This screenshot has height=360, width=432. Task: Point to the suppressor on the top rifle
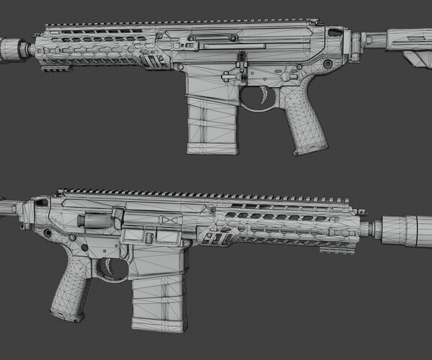pyautogui.click(x=14, y=50)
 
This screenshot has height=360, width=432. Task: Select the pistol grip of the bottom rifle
pyautogui.click(x=72, y=292)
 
